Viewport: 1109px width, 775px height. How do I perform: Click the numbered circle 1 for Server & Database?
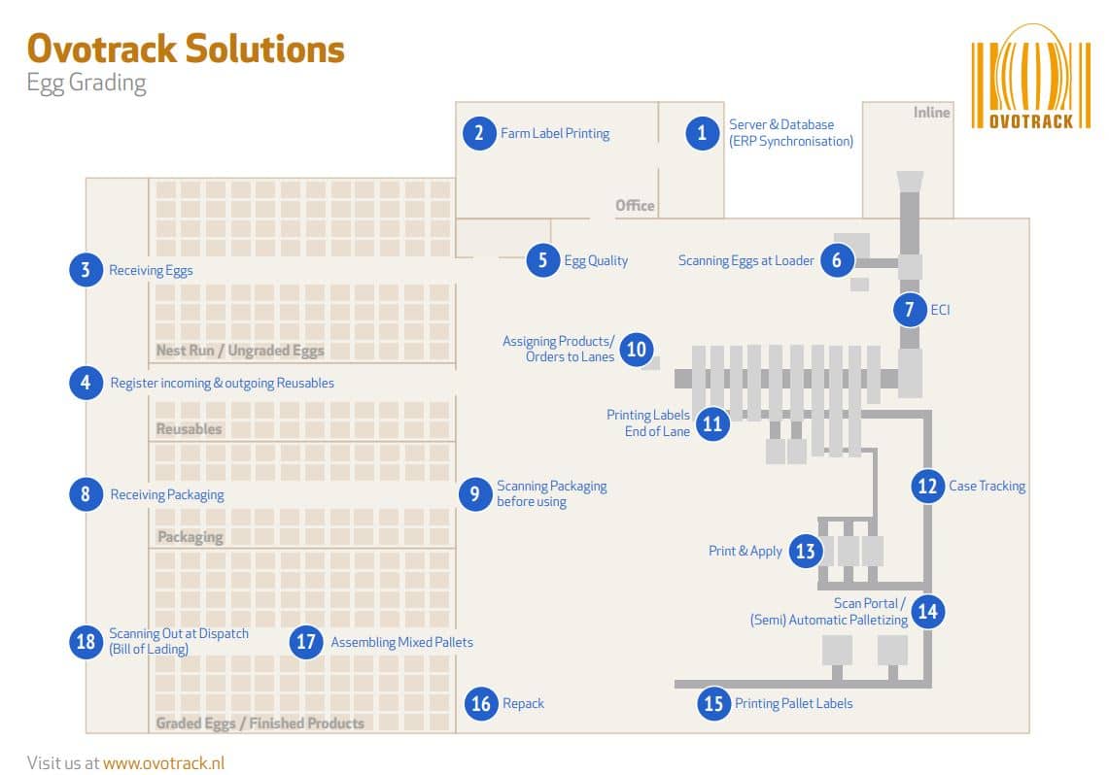click(x=702, y=132)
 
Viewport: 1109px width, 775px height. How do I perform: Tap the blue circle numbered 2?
click(x=478, y=132)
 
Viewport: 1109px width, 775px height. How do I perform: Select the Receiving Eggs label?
click(x=151, y=270)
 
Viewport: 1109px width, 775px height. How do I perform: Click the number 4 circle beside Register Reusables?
click(x=86, y=383)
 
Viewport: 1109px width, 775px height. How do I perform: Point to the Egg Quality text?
click(x=596, y=260)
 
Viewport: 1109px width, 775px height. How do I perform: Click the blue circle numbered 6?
click(x=836, y=260)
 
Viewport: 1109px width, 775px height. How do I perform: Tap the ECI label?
click(x=940, y=310)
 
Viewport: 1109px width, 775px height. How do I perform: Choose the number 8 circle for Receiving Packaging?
click(x=86, y=494)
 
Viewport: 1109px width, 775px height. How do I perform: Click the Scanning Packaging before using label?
click(x=551, y=493)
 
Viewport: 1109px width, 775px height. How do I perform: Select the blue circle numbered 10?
click(x=636, y=349)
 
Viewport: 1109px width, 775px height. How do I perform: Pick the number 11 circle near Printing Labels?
click(x=713, y=423)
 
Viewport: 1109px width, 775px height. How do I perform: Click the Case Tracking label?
click(x=987, y=486)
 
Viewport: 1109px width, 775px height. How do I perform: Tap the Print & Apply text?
click(x=745, y=551)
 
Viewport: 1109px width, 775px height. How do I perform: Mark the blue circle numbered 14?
click(x=927, y=611)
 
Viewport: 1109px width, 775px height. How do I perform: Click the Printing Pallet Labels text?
click(x=793, y=703)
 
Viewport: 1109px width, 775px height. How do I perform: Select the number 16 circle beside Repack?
click(x=481, y=703)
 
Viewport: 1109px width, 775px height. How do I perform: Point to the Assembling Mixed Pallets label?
click(x=401, y=642)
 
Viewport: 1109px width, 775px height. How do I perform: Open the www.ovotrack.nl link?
click(x=163, y=762)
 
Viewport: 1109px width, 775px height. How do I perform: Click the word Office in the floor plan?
click(x=635, y=206)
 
